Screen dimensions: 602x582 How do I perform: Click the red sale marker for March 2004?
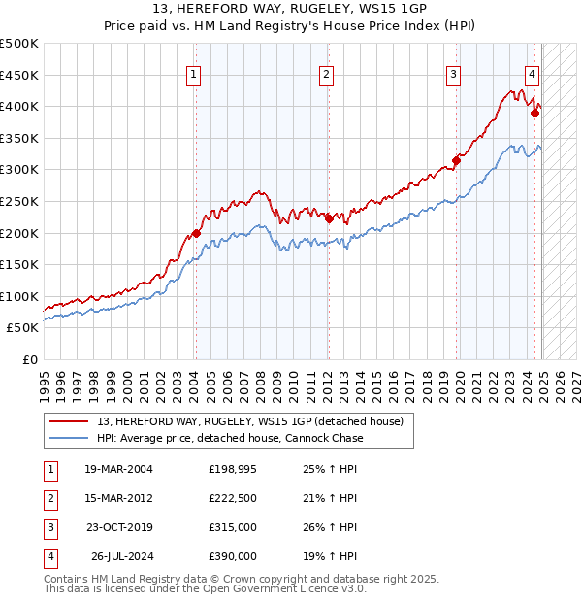pyautogui.click(x=196, y=233)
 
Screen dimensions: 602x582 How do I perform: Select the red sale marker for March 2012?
pyautogui.click(x=328, y=218)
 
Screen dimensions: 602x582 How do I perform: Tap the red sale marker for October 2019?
pyautogui.click(x=456, y=160)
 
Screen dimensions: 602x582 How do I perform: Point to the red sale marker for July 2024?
pyautogui.click(x=534, y=113)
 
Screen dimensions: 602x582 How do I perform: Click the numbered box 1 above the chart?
pyautogui.click(x=194, y=74)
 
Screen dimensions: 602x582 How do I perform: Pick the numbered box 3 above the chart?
pyautogui.click(x=453, y=74)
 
